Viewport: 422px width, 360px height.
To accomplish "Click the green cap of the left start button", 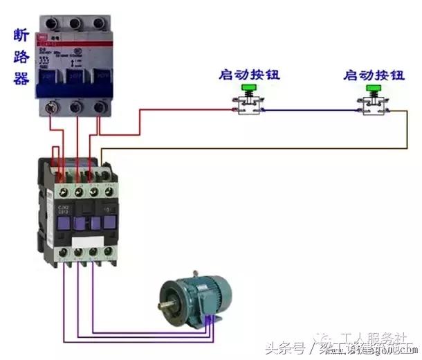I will (x=248, y=88).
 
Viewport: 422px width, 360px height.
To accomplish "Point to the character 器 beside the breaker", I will (x=20, y=78).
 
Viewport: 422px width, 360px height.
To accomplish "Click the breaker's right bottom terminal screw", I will (x=100, y=107).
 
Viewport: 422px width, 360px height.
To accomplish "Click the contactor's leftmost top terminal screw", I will (x=63, y=187).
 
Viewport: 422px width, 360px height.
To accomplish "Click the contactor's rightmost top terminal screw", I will (x=108, y=187).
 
